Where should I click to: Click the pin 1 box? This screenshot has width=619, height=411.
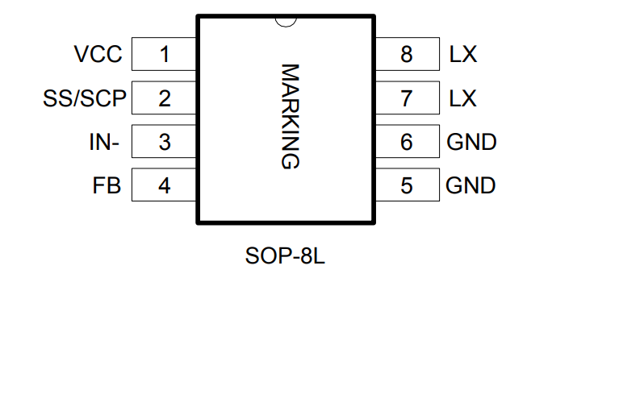tap(165, 55)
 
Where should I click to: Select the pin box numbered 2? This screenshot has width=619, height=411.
tap(165, 98)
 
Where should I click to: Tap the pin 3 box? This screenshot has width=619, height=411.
tap(165, 142)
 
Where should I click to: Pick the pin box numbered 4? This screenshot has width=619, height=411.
tap(165, 185)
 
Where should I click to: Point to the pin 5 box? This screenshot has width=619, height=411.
tap(407, 185)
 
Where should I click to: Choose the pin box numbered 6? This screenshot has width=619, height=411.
tap(407, 142)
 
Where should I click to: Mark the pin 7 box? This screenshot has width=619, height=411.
tap(407, 98)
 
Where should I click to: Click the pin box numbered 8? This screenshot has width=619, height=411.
tap(407, 55)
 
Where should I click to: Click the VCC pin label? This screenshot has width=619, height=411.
tap(98, 55)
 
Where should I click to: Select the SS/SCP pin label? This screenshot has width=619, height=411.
tap(85, 98)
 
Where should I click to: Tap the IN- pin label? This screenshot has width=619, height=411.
tap(104, 142)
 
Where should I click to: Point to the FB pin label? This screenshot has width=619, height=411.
tap(107, 185)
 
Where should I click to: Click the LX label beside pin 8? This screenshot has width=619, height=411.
tap(462, 55)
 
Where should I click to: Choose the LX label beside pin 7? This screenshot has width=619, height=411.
tap(462, 98)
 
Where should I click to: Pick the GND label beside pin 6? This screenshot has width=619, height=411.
tap(471, 142)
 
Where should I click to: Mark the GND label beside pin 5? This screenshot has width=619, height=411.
tap(471, 185)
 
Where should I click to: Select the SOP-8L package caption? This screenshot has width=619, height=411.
tap(284, 258)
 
